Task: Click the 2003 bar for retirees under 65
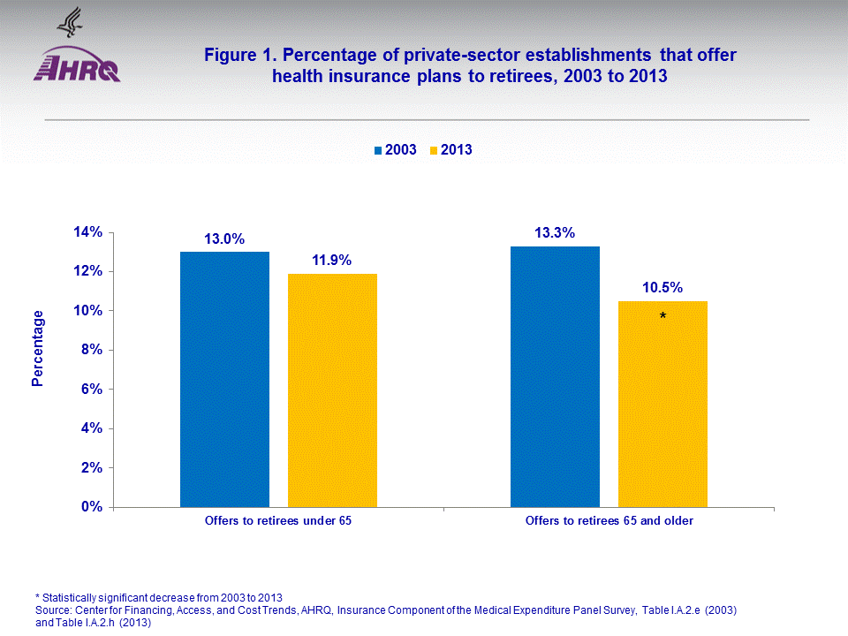pos(224,379)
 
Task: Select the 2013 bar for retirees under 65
pos(332,390)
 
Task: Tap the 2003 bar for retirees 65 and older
pos(555,376)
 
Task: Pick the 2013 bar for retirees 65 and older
pos(662,404)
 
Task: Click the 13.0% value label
pos(224,239)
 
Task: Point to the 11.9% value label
pos(332,261)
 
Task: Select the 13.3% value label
pos(555,233)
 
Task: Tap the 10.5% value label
pos(662,288)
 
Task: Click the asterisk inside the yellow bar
pos(662,316)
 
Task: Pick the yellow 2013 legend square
pos(435,150)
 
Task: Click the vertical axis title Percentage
pos(37,348)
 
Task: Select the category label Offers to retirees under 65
pos(278,521)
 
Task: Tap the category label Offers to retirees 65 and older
pos(609,521)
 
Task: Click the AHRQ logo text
pos(77,68)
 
